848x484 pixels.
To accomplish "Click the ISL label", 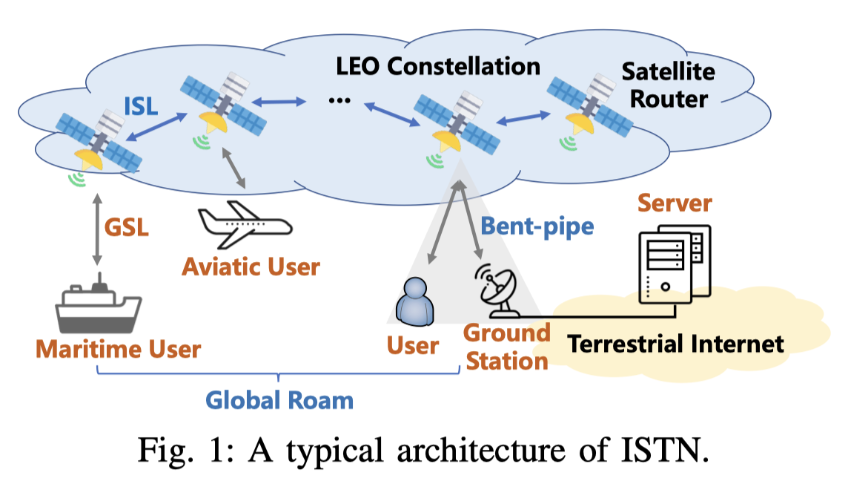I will click(x=140, y=106).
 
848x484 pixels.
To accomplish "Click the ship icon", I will click(x=99, y=304).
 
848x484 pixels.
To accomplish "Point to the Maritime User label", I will click(x=119, y=349).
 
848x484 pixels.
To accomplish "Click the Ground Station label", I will click(x=507, y=347).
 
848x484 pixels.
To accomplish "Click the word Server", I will click(x=675, y=203).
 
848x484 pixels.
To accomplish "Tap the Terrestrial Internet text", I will click(x=675, y=344).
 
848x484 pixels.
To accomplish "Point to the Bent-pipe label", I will click(x=537, y=226).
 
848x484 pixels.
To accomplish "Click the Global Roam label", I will click(x=279, y=401).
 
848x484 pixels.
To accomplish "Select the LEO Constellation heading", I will click(x=438, y=67).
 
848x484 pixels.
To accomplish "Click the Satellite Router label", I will click(x=668, y=85).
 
